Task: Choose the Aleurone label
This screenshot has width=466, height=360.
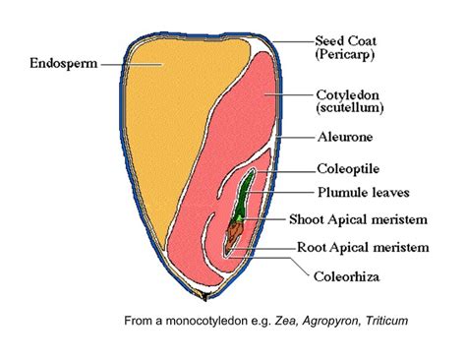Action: (343, 136)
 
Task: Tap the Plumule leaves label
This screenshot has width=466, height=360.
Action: (358, 194)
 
